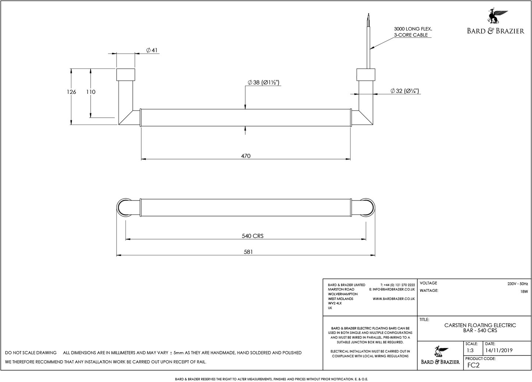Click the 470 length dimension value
[x=246, y=156]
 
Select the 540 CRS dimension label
[x=252, y=236]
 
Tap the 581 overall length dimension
[x=249, y=252]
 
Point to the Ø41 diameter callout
[x=152, y=50]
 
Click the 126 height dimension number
[x=71, y=92]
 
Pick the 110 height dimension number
[x=91, y=92]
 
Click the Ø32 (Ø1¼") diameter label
[x=405, y=91]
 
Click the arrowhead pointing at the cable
[x=372, y=47]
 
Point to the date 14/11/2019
[x=498, y=350]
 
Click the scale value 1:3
[x=470, y=350]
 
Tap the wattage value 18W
[x=524, y=291]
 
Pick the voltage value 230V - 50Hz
[x=517, y=284]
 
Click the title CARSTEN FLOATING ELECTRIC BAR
[x=480, y=328]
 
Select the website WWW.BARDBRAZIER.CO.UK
[x=394, y=299]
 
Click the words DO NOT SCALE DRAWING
[x=31, y=353]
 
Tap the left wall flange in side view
[x=126, y=75]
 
